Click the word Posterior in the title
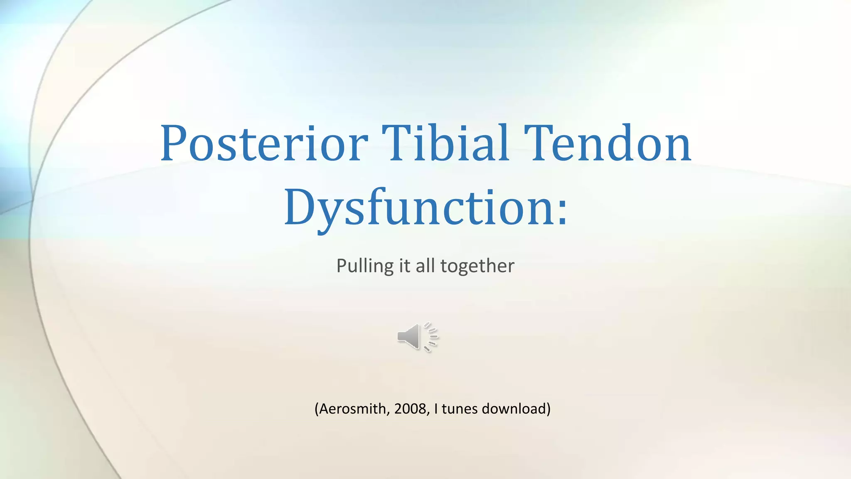coord(264,143)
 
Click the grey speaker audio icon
coord(409,336)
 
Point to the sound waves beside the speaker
coord(431,337)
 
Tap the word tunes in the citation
coord(460,409)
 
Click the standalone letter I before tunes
coord(436,409)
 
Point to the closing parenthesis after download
coord(548,409)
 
